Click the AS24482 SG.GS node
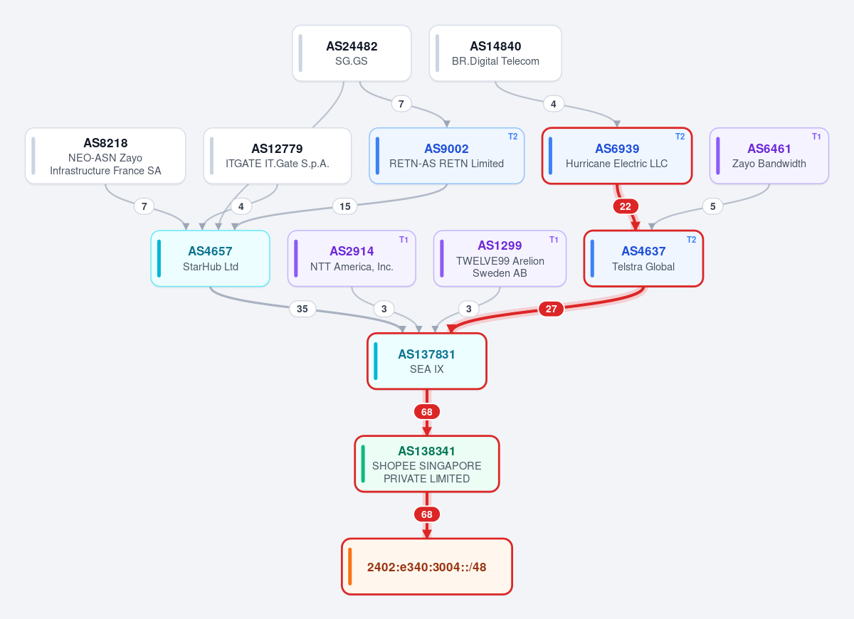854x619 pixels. pyautogui.click(x=352, y=53)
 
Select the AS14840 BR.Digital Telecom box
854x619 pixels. pyautogui.click(x=495, y=53)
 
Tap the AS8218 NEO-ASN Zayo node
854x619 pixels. pyautogui.click(x=105, y=156)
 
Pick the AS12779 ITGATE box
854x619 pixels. pyautogui.click(x=277, y=156)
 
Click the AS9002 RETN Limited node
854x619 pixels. pyautogui.click(x=446, y=156)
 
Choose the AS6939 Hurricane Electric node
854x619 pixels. pyautogui.click(x=617, y=156)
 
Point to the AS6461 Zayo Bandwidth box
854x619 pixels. pyautogui.click(x=769, y=156)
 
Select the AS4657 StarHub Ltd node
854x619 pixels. pyautogui.click(x=211, y=258)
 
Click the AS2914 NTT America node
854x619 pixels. pyautogui.click(x=352, y=258)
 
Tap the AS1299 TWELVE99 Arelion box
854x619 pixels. pyautogui.click(x=500, y=258)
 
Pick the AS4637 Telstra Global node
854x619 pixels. pyautogui.click(x=643, y=258)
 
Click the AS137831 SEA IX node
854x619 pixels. pyautogui.click(x=426, y=361)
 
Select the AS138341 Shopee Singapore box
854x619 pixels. pyautogui.click(x=426, y=464)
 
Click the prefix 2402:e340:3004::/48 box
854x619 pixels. pyautogui.click(x=426, y=566)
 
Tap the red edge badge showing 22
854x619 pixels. pyautogui.click(x=626, y=206)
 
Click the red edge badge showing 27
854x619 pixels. pyautogui.click(x=551, y=309)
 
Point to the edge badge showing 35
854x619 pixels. pyautogui.click(x=302, y=309)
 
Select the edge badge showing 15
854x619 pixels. pyautogui.click(x=344, y=206)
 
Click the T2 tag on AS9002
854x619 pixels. pyautogui.click(x=513, y=137)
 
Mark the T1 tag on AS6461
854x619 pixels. pyautogui.click(x=816, y=137)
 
